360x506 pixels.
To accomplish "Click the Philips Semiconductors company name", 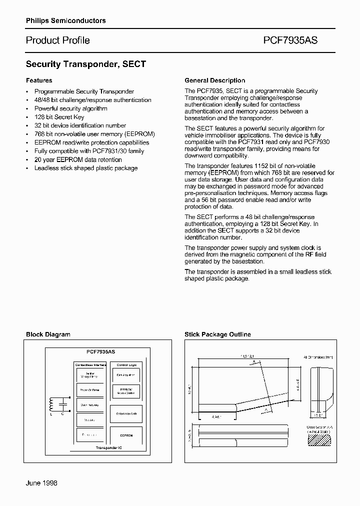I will click(65, 20).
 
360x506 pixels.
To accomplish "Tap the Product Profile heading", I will click(57, 40).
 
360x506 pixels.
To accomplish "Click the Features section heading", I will click(39, 80).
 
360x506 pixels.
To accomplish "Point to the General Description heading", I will click(214, 80).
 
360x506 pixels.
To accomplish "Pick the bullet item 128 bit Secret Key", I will click(59, 117).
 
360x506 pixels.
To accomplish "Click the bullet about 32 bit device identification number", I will click(80, 125).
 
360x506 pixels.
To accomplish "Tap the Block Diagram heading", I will click(48, 334).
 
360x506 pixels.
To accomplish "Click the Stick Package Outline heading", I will click(217, 334).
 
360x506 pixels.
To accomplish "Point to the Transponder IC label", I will click(109, 447).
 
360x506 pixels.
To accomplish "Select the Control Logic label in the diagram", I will click(126, 365).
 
